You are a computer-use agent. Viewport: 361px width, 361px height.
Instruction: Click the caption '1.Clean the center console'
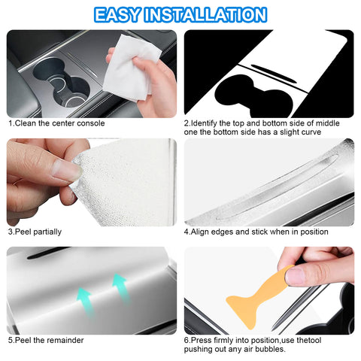coord(56,123)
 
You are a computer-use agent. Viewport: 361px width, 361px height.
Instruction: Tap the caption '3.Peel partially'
coord(35,232)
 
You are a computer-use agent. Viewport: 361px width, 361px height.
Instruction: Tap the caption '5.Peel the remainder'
coord(46,340)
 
